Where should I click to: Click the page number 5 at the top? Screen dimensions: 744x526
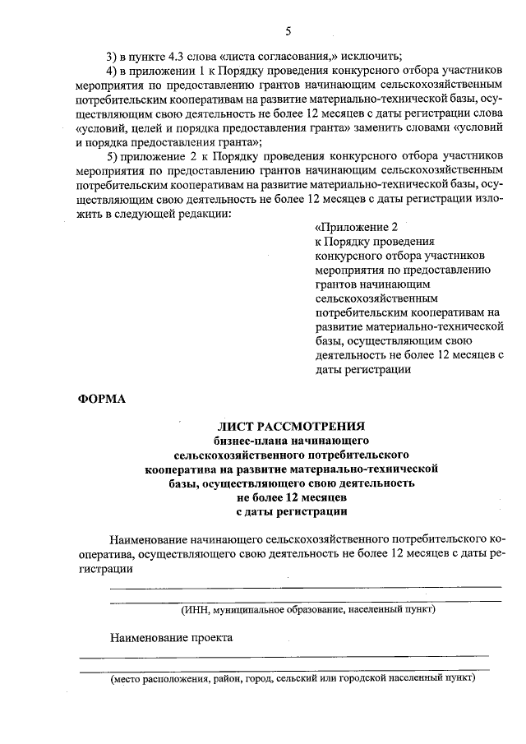(x=288, y=32)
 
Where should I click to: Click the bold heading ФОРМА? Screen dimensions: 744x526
(x=102, y=400)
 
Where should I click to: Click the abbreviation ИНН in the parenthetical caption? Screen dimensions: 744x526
(x=197, y=610)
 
